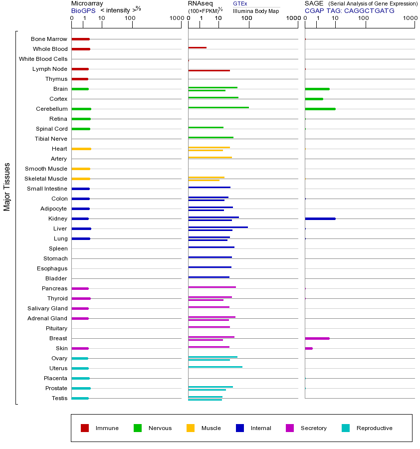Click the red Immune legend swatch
[x=85, y=428]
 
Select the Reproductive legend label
[x=374, y=428]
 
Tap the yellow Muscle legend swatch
[x=191, y=428]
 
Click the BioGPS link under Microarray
[x=83, y=10]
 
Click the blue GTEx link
[x=240, y=3]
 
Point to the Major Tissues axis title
[x=7, y=187]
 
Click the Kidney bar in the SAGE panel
[x=320, y=219]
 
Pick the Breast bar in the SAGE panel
[x=317, y=338]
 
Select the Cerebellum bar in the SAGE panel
[x=320, y=109]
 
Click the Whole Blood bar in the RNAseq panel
[x=197, y=47]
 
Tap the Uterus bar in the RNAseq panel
[x=215, y=367]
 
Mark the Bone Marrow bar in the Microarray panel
[x=80, y=39]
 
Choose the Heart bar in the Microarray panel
[x=81, y=149]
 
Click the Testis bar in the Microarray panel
[x=80, y=398]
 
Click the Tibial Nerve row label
[x=51, y=139]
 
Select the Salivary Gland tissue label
[x=47, y=308]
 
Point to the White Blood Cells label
[x=43, y=59]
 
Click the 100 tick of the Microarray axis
[x=130, y=18]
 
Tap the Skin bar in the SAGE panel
[x=309, y=348]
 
